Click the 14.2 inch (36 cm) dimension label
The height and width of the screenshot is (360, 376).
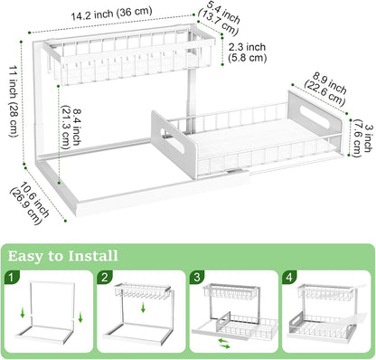[x=112, y=14]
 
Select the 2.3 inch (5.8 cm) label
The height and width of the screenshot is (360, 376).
[x=248, y=52]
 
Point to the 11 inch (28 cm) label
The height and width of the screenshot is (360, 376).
[x=14, y=100]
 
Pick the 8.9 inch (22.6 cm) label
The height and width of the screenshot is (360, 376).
[x=326, y=89]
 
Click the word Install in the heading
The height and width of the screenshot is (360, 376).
[x=93, y=256]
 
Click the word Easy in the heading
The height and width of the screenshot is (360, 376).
[x=25, y=256]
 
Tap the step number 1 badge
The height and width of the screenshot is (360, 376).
[x=12, y=277]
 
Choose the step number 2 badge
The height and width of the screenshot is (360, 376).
[x=104, y=277]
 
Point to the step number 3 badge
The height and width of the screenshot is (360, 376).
[x=197, y=277]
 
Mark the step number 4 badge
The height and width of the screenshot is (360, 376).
[x=289, y=277]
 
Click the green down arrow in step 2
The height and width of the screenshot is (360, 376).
[x=144, y=308]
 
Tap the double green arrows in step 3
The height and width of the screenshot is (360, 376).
[x=224, y=344]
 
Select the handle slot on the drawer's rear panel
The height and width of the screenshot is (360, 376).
[x=315, y=117]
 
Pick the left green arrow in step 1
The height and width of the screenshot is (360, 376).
[x=23, y=313]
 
